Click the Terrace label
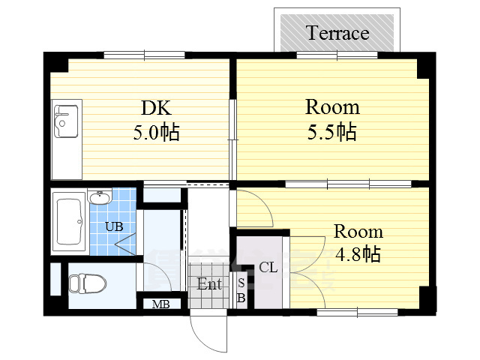tap(337, 33)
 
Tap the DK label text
tap(156, 108)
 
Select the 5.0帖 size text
tap(156, 132)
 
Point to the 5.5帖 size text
tap(331, 132)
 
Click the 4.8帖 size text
tap(358, 254)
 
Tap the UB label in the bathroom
tap(114, 226)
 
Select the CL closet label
tap(268, 267)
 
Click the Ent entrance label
tap(209, 283)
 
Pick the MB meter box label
tap(161, 304)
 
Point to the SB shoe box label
tap(241, 290)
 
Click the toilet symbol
tap(87, 283)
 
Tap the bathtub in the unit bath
tap(69, 222)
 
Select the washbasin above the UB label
tap(100, 196)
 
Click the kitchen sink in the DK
tap(66, 121)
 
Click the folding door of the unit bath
tap(125, 244)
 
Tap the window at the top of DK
tap(144, 55)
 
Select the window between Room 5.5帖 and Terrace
tap(337, 55)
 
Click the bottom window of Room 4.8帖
tap(357, 312)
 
